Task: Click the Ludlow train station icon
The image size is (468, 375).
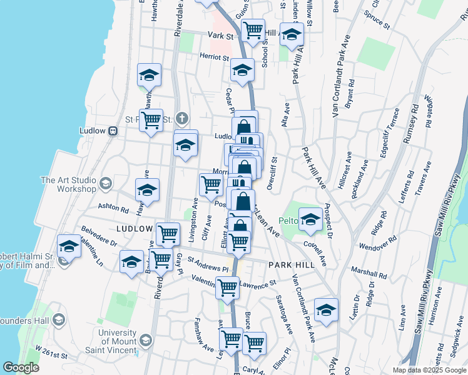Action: (x=113, y=131)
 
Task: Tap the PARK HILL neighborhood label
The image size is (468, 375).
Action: (x=290, y=265)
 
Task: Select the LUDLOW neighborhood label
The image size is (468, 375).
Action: (x=135, y=229)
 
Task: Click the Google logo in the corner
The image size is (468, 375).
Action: (x=21, y=367)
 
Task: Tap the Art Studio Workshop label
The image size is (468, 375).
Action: (x=68, y=184)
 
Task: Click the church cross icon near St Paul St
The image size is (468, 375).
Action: (x=182, y=118)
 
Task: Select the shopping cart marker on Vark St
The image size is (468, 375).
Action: (x=253, y=29)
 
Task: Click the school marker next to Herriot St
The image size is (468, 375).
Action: (x=242, y=71)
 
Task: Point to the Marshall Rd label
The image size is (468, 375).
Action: (x=369, y=274)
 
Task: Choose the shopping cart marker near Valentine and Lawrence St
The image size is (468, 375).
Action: (x=227, y=287)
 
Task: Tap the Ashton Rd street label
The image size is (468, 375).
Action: (x=113, y=208)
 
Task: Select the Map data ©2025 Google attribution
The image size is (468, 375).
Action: (x=430, y=370)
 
